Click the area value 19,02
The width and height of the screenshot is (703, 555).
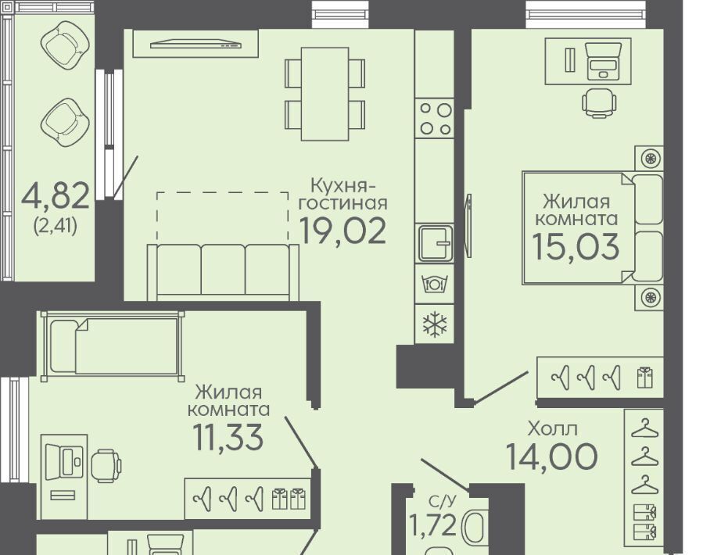342,231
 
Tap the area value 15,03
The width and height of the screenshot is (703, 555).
576,246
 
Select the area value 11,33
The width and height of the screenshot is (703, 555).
228,437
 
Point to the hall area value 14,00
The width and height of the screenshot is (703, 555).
551,457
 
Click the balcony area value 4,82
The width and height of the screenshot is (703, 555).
56,196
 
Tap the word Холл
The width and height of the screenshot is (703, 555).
553,429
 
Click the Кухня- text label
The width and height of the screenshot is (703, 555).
343,184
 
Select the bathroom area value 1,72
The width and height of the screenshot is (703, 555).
432,525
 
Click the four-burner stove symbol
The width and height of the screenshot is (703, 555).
435,119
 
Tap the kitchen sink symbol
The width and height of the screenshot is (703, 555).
435,243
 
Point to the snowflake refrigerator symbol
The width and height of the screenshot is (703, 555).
435,324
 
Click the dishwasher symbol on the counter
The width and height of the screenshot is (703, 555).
435,284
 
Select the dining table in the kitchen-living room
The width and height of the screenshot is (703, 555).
325,94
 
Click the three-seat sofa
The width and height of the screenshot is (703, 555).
223,273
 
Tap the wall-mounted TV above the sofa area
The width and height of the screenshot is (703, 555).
196,44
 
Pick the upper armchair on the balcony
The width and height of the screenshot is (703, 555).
65,46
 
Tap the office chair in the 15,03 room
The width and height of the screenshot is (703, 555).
599,103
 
